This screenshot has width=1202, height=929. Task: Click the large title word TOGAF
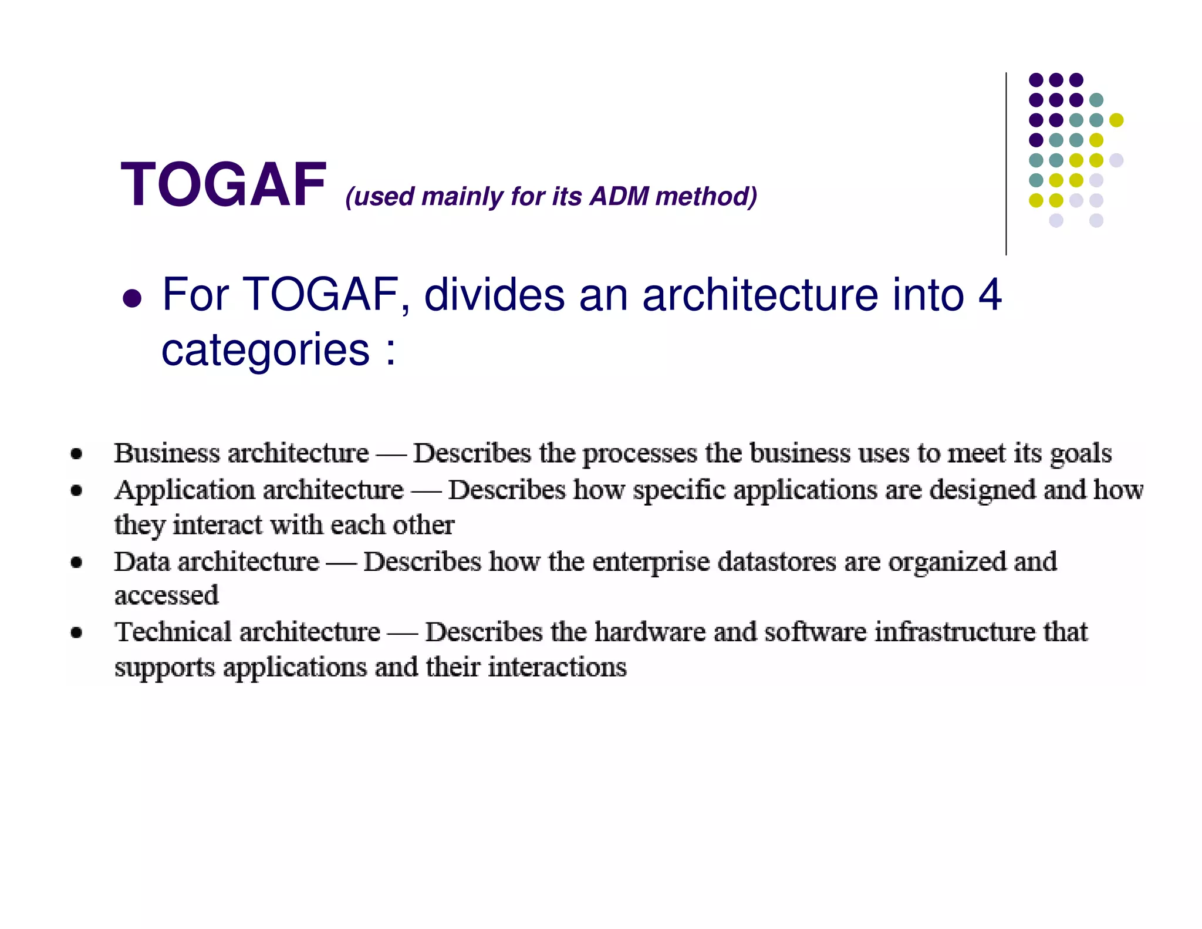coord(223,185)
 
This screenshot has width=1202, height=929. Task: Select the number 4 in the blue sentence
coord(990,294)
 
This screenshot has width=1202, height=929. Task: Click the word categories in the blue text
coord(265,351)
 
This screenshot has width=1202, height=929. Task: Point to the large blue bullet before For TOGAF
coord(132,298)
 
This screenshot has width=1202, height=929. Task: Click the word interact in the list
coord(217,525)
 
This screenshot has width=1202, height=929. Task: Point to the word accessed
coord(166,596)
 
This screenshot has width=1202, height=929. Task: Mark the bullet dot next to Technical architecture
coord(76,632)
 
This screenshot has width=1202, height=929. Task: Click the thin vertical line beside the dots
coord(1006,164)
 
